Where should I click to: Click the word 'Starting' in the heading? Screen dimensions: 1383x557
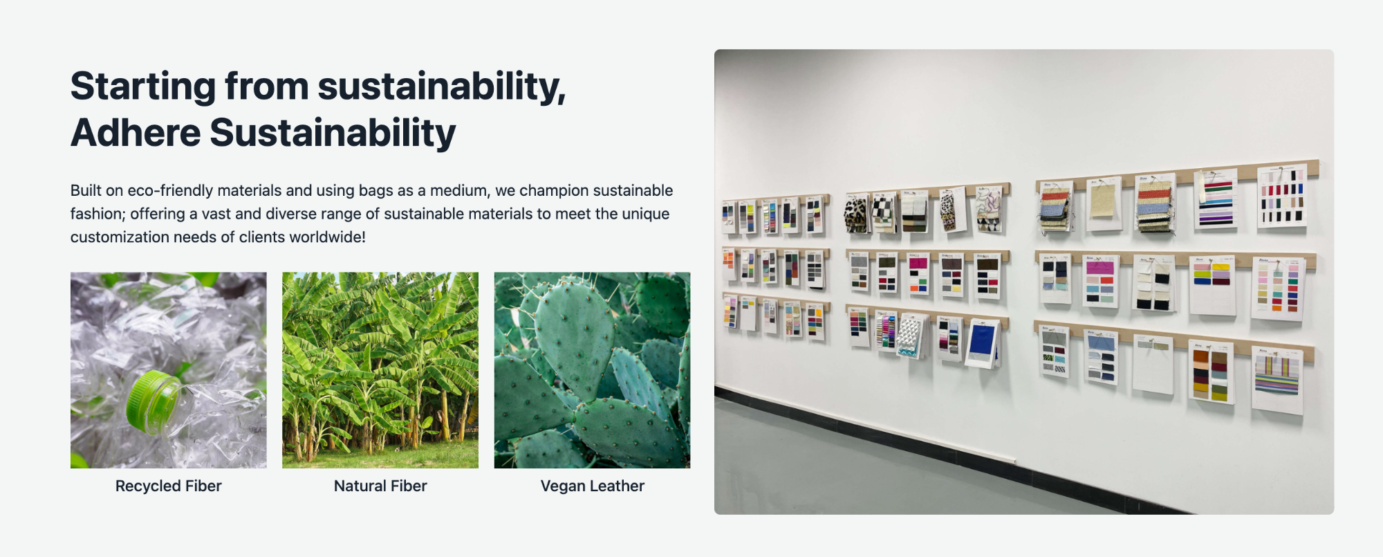point(141,87)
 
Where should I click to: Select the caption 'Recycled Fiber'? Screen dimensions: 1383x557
point(169,486)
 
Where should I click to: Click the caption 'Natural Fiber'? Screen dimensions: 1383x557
point(380,486)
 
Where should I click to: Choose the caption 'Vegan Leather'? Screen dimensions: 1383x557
point(593,486)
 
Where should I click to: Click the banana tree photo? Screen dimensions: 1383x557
point(380,370)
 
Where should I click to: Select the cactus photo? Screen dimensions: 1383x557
point(593,370)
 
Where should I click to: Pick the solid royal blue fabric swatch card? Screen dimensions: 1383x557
point(982,343)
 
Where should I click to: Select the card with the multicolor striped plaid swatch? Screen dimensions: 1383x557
point(1277,379)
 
